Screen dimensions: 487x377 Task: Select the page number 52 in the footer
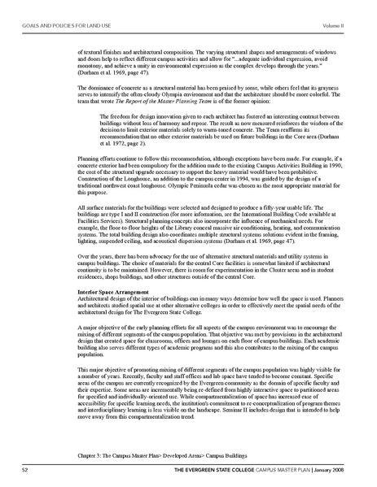point(27,469)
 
